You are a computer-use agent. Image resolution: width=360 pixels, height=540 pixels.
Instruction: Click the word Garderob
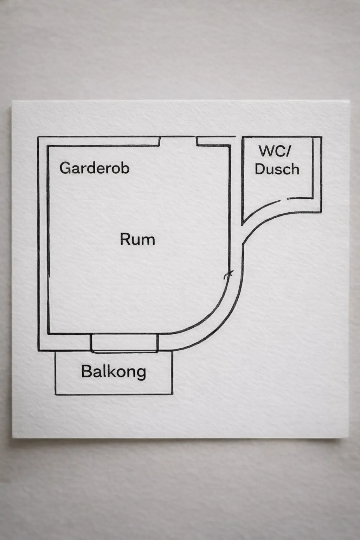pos(94,168)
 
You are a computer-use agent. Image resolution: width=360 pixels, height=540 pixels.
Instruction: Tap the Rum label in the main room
pos(137,239)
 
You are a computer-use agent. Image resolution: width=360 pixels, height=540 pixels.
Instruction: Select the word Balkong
pos(113,372)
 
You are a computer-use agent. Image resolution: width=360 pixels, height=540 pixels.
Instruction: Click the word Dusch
pos(277,169)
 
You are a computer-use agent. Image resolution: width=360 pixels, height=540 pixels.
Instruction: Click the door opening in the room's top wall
pos(178,141)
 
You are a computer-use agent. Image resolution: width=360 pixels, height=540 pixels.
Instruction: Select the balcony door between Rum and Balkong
pos(124,343)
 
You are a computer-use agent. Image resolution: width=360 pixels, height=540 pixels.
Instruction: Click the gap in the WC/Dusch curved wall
pos(284,200)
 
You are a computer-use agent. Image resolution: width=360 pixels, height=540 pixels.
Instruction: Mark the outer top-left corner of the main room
pos(38,136)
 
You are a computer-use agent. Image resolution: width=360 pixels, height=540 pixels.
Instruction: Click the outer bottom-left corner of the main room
pos(38,351)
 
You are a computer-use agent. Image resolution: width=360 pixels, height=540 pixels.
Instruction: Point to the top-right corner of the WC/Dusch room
pos(321,137)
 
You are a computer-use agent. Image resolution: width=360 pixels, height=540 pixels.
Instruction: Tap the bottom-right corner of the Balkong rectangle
pos(173,394)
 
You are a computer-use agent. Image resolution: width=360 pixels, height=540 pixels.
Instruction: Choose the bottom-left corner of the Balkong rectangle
pos(55,394)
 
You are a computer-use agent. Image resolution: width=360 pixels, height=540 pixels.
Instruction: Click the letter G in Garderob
pos(64,168)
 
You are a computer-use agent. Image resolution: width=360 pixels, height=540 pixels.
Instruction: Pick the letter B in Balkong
pos(85,372)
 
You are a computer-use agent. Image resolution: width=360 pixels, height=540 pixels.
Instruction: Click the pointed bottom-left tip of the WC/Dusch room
pos(242,224)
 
